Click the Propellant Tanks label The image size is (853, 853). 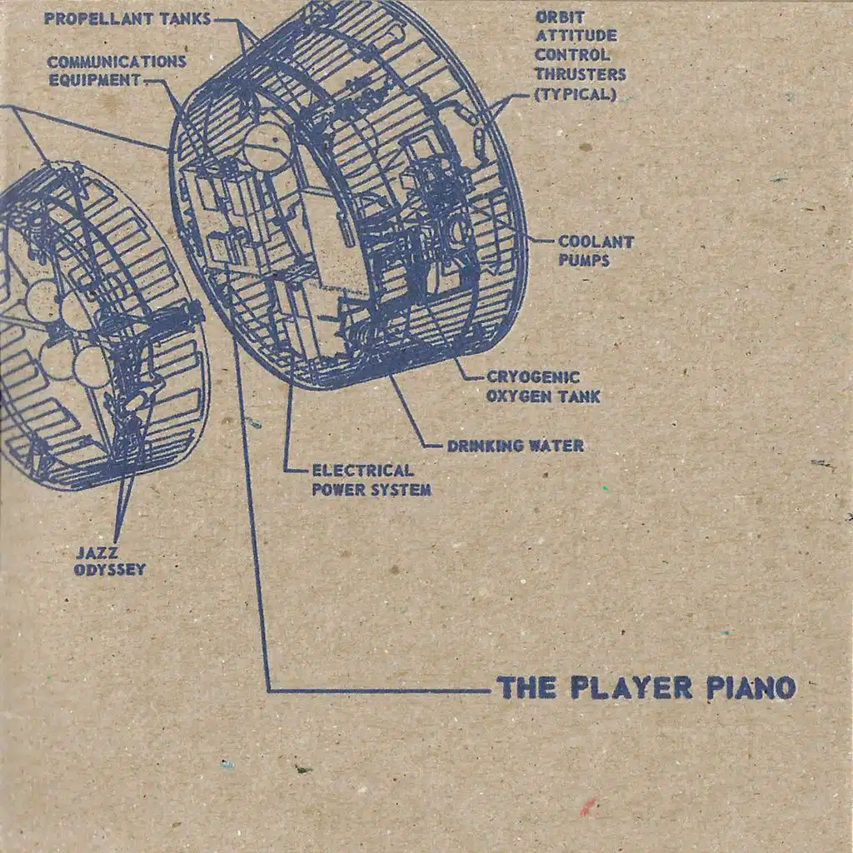coord(127,17)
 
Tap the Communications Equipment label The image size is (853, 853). coord(117,72)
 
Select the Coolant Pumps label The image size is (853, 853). coord(596,251)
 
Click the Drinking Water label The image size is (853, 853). coord(515,446)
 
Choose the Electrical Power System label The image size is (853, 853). coord(372,481)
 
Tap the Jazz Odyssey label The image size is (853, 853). coord(110,561)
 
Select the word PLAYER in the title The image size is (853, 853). coord(631,688)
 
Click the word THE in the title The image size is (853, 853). coord(526,688)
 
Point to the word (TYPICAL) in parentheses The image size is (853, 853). coord(575,93)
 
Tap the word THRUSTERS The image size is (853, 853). coord(580,74)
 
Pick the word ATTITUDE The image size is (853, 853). coord(576,36)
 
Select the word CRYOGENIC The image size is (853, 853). coord(533,377)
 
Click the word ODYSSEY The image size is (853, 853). coord(110,570)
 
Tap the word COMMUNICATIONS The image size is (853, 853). coord(117,62)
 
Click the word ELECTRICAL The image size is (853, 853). coord(362,471)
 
